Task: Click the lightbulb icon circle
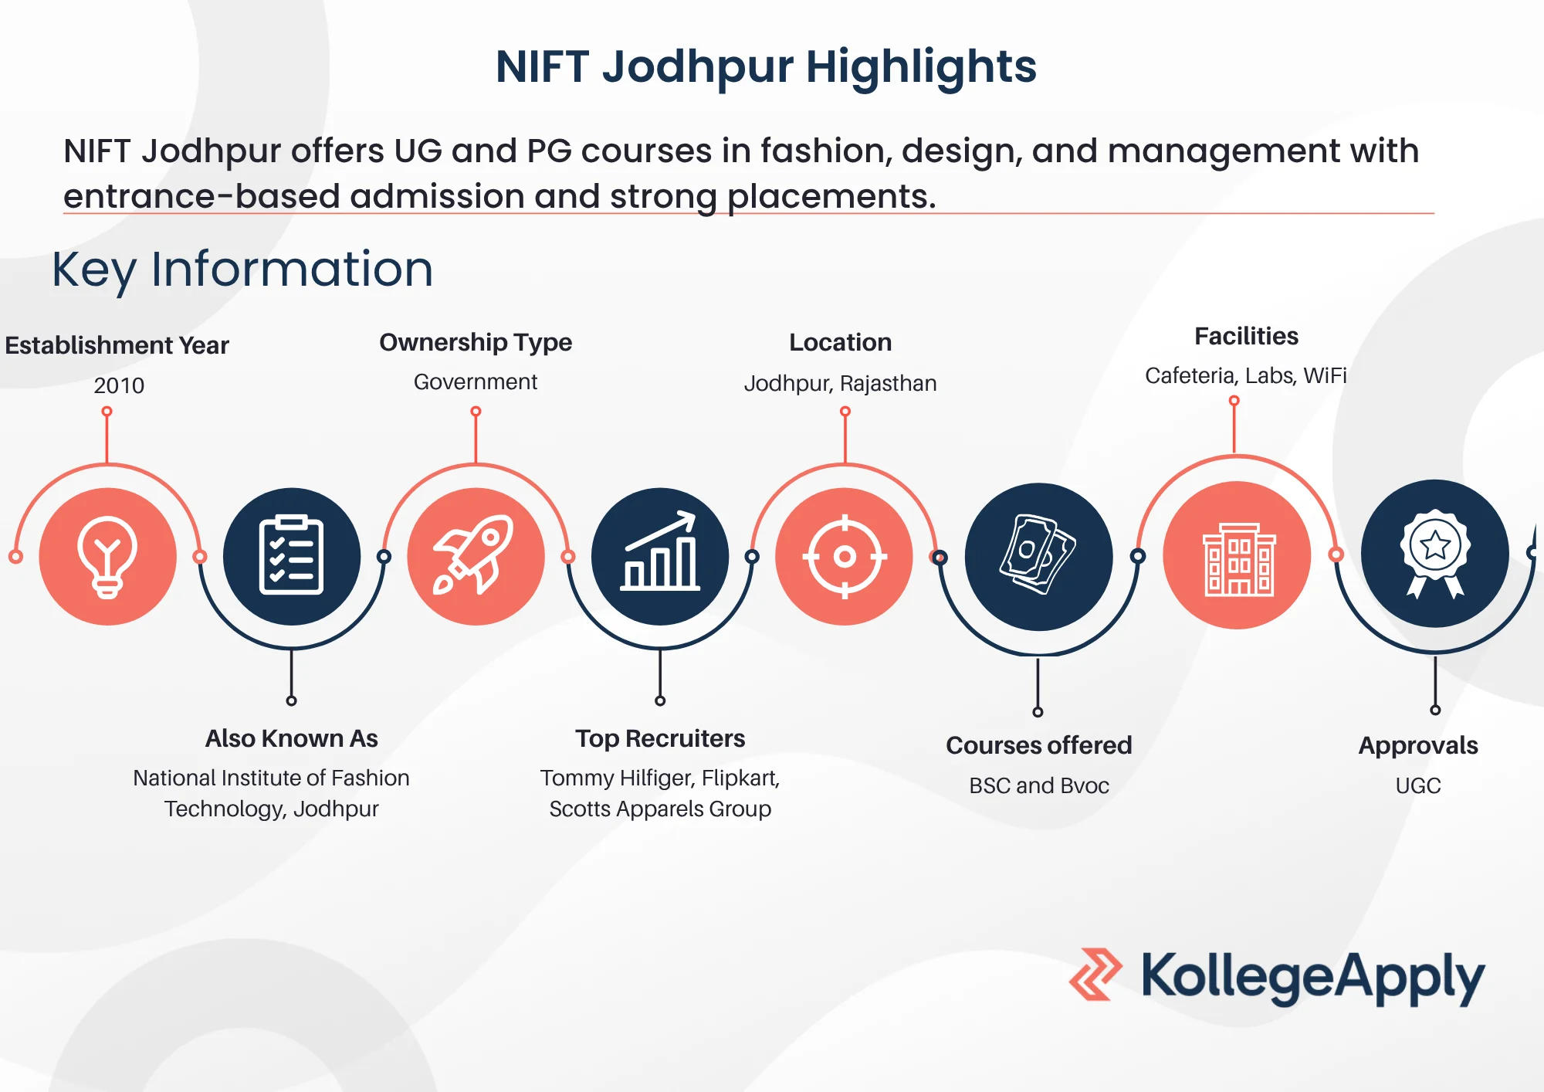coord(107,556)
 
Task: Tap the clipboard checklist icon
coord(291,556)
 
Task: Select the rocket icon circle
coord(476,556)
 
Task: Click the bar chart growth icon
coord(660,556)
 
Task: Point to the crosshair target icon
coord(845,556)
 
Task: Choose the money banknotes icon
coord(1038,556)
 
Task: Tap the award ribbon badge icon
coord(1434,553)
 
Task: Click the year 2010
coord(119,385)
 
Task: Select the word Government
coord(476,382)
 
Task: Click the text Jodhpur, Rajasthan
coord(840,383)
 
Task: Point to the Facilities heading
coord(1246,336)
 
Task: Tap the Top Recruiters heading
coord(660,738)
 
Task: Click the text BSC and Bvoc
coord(1038,785)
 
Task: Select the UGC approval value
coord(1418,785)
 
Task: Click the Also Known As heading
coord(291,738)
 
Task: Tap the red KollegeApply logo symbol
coord(1095,975)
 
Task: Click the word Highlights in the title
coord(920,66)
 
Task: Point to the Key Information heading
coord(242,270)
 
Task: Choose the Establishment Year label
coord(117,345)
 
